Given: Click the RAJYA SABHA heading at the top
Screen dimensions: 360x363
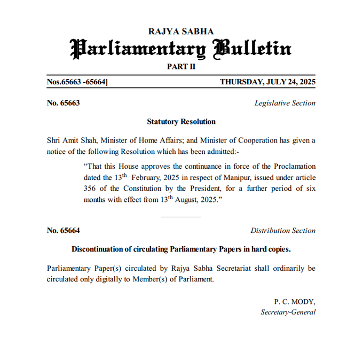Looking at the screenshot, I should coord(181,32).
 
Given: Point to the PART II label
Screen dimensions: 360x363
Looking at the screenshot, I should coord(181,66).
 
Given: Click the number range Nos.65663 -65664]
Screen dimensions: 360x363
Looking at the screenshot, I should coord(78,82).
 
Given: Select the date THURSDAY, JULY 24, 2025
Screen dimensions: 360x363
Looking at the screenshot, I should coord(267,82).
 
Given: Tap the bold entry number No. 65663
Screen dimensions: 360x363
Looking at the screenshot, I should coord(64,103).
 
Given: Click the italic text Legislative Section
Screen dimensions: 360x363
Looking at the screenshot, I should coord(285,103).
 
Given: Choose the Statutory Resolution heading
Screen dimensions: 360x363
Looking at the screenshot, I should coord(181,122).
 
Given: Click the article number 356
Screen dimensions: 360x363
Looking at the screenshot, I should coord(90,188).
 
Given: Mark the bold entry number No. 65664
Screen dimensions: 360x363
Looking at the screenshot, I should coord(64,231).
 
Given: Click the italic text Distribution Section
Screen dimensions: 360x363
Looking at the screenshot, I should coord(283,231).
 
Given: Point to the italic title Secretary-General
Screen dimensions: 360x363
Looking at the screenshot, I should coord(288,312).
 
